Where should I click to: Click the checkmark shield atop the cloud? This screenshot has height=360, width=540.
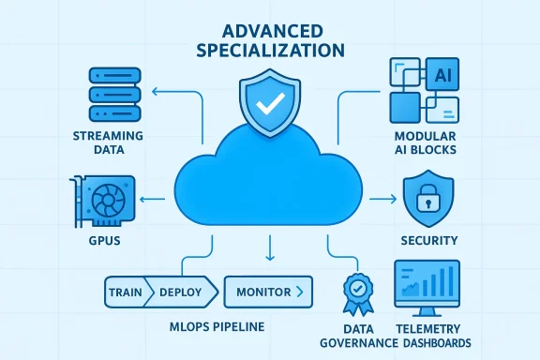[x=269, y=100]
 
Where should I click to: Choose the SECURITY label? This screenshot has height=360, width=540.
[x=427, y=241]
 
